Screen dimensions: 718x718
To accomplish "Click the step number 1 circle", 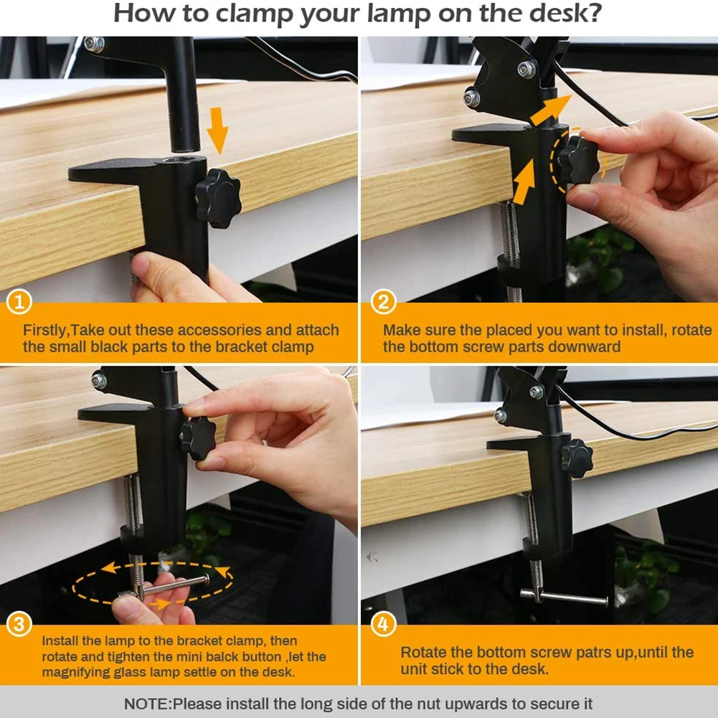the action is [19, 301].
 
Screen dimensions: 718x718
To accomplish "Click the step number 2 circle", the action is [383, 302].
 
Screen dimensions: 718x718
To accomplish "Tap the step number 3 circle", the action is [19, 624].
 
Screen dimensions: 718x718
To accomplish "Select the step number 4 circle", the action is [383, 624].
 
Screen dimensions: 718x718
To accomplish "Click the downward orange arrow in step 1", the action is [217, 131].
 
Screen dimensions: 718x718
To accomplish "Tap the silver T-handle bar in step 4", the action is [564, 597].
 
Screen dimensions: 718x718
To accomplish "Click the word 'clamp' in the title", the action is [254, 14].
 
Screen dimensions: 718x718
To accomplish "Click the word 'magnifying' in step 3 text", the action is [75, 672].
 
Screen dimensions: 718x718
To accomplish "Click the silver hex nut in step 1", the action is [94, 44].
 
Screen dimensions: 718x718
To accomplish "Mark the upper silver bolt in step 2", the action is [526, 69].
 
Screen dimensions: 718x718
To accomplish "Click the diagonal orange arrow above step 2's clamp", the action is [551, 110].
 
